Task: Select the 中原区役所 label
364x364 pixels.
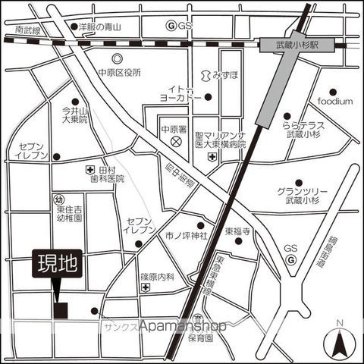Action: click(x=120, y=73)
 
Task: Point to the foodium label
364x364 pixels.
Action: click(x=335, y=101)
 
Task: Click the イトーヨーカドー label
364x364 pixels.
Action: click(x=179, y=93)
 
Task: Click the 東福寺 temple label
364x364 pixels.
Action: click(x=237, y=226)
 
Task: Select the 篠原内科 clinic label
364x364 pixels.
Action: click(x=158, y=278)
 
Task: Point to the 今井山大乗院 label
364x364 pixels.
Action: click(x=74, y=115)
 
